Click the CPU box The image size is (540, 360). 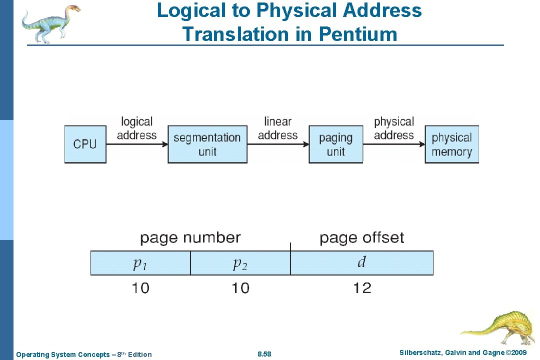tap(85, 144)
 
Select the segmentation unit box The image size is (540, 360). tap(207, 144)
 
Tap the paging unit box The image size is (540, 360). tap(335, 144)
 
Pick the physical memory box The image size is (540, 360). tap(451, 144)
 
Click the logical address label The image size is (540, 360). tap(136, 128)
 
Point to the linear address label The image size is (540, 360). tap(277, 128)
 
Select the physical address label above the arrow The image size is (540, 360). tap(394, 128)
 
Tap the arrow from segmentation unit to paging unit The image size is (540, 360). tap(277, 144)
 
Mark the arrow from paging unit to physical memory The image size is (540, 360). tap(394, 144)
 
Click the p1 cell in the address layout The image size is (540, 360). tap(140, 263)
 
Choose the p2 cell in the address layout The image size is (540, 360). tap(240, 263)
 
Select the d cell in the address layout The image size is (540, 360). tap(361, 263)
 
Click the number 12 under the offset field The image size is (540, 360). tap(362, 288)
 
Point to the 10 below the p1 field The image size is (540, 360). tap(140, 288)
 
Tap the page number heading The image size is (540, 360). tap(190, 237)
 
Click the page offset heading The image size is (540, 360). tap(361, 237)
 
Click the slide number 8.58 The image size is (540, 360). tap(264, 354)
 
